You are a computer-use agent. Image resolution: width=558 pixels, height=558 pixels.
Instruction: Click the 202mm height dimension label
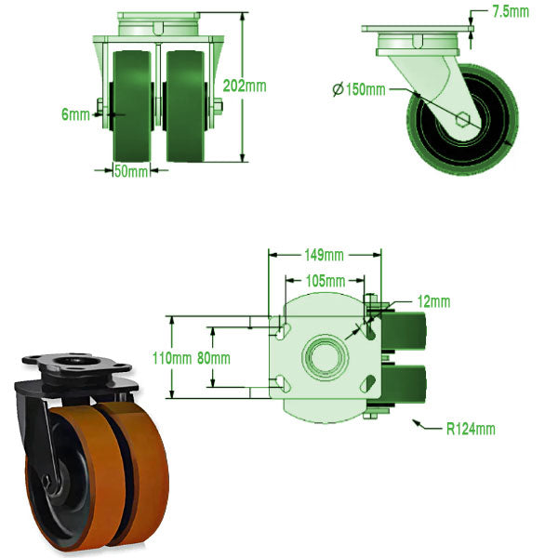point(246,86)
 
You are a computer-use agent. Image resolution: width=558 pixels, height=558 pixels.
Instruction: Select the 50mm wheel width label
point(131,171)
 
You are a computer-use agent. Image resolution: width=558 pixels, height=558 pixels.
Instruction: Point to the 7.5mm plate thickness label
point(511,12)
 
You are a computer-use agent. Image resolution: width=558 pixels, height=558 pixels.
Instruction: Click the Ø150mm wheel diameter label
point(358,89)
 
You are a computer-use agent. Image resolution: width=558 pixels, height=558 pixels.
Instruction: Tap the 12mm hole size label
point(433,301)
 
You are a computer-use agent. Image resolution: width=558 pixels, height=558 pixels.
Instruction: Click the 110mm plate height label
point(173,357)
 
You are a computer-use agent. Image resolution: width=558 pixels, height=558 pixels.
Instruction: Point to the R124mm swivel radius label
point(471,429)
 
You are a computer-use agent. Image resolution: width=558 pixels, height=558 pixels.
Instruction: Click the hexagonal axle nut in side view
point(464,118)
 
